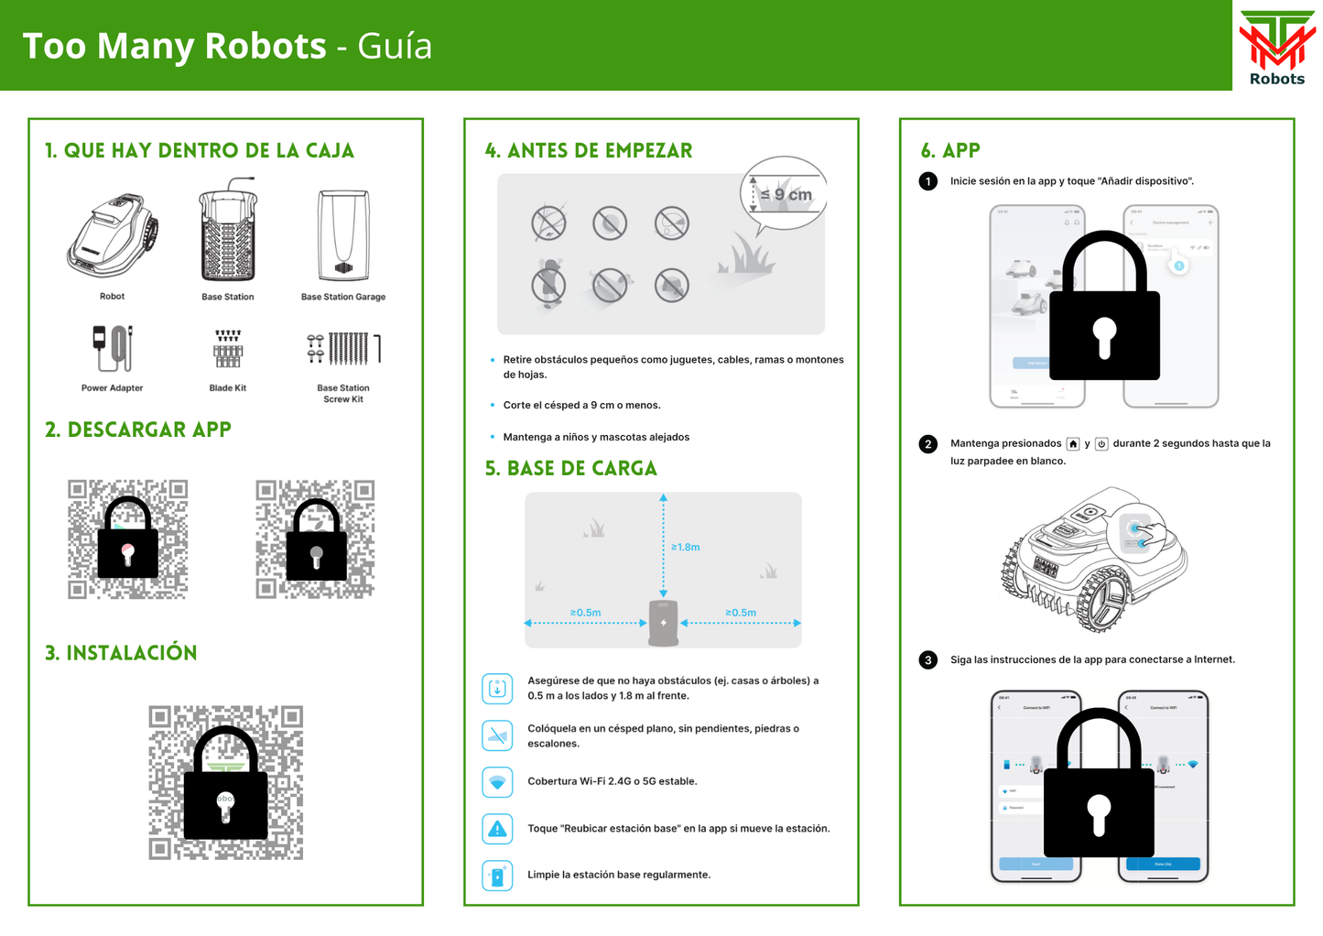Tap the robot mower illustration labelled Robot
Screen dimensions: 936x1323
click(113, 236)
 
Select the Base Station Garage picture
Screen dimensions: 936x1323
click(343, 235)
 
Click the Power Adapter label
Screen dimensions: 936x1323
click(112, 388)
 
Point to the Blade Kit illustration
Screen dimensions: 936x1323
click(228, 349)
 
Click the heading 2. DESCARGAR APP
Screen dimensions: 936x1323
click(138, 430)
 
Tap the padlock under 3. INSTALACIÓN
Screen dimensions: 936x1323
click(225, 783)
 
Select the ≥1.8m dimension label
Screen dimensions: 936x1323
click(686, 547)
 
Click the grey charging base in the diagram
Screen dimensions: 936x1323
click(664, 623)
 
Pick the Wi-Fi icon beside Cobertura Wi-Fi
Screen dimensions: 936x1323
click(497, 782)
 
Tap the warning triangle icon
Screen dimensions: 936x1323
click(497, 829)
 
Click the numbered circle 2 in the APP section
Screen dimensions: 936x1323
click(928, 444)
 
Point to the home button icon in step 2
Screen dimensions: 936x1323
click(1073, 444)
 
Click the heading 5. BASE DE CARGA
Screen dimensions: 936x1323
click(571, 469)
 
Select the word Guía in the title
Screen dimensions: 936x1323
click(395, 46)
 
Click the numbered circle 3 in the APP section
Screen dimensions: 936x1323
click(928, 660)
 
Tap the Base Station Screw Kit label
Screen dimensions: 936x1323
click(343, 394)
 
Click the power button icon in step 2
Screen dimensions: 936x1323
click(1102, 444)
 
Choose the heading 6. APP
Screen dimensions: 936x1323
click(950, 151)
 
